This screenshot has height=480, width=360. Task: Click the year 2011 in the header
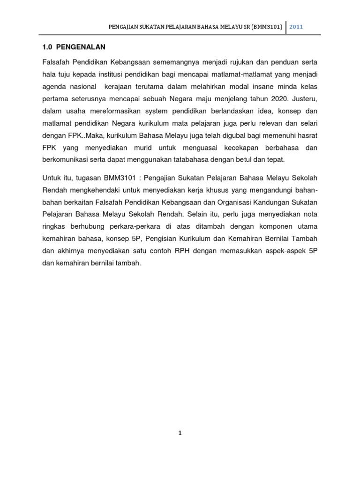tap(296, 27)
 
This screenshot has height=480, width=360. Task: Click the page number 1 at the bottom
tap(180, 433)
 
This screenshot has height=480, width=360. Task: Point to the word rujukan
tap(241, 62)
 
